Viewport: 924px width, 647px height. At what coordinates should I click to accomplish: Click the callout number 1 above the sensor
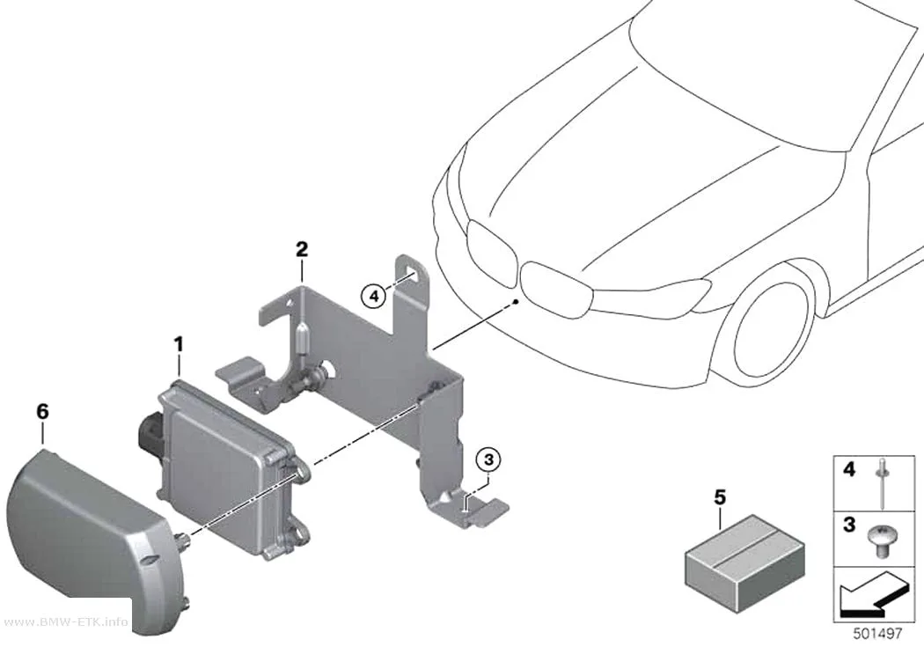[179, 344]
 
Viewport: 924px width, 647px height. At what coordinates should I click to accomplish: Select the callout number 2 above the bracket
[302, 249]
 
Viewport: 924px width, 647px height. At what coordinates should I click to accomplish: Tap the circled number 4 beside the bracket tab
[374, 296]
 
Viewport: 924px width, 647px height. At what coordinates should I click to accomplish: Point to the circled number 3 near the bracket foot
[489, 460]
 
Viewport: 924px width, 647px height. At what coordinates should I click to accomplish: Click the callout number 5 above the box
[720, 498]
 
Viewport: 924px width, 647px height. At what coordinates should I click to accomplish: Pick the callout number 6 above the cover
[42, 411]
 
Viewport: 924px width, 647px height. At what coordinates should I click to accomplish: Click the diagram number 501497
[878, 634]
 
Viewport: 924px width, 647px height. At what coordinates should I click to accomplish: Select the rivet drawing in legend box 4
[883, 482]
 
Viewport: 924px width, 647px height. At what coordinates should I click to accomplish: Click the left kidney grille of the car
[491, 245]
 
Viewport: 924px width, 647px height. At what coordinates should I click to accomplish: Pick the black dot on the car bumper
[517, 301]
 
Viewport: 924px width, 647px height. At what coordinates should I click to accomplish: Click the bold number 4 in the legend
[849, 470]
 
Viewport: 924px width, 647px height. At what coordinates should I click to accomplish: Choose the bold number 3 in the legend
[849, 524]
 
